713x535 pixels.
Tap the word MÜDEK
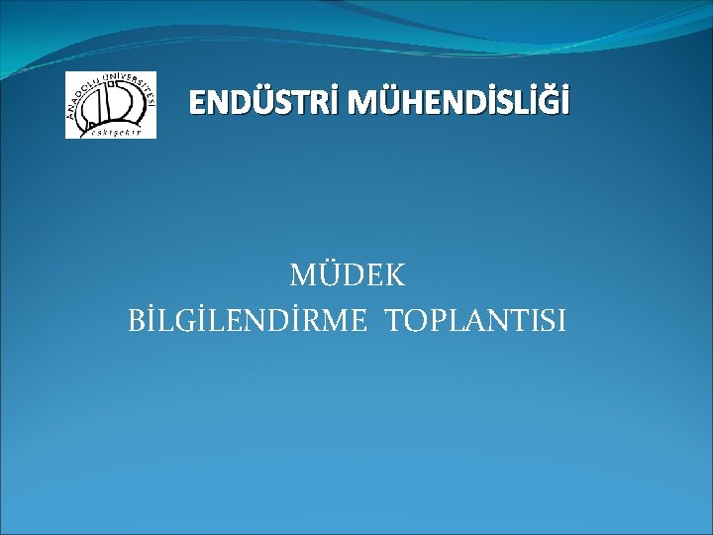(347, 274)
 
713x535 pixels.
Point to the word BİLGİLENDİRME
(251, 321)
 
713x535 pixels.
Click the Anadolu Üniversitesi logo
(110, 105)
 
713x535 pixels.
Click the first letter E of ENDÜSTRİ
(197, 102)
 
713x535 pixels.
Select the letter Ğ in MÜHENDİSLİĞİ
(549, 102)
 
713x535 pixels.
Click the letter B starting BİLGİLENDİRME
(136, 321)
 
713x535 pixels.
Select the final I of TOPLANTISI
(561, 321)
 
